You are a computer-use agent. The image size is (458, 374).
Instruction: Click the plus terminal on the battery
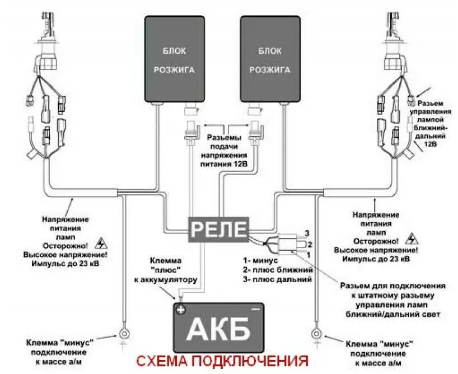coord(181,309)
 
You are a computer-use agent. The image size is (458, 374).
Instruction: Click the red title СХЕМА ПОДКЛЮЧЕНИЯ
coord(222,359)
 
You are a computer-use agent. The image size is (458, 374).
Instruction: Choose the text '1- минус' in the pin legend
coord(262,260)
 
